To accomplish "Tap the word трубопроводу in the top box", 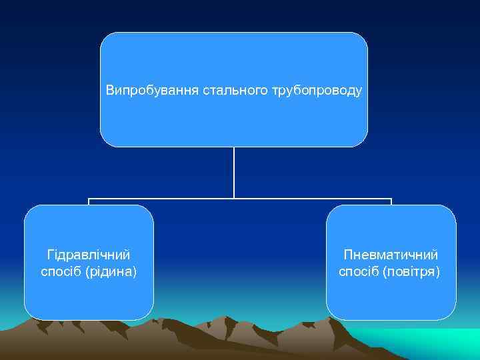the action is tap(317, 90).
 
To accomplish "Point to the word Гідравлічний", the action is tap(89, 255).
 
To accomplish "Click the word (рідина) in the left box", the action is tap(112, 271).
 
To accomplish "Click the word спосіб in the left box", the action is tap(62, 271).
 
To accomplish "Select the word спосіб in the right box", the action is tap(359, 271).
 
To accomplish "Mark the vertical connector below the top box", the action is tap(234, 172).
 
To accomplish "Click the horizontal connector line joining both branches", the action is tap(160, 199).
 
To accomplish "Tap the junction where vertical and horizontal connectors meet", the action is tap(234, 199).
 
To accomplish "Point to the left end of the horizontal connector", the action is tap(89, 199).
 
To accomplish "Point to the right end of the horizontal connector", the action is tap(391, 199).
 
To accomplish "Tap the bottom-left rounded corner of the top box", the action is tap(105, 141).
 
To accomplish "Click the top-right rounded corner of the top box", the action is tap(362, 38).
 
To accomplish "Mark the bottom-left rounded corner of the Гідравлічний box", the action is tap(30, 314).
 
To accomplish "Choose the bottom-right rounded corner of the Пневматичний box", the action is tap(451, 314).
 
